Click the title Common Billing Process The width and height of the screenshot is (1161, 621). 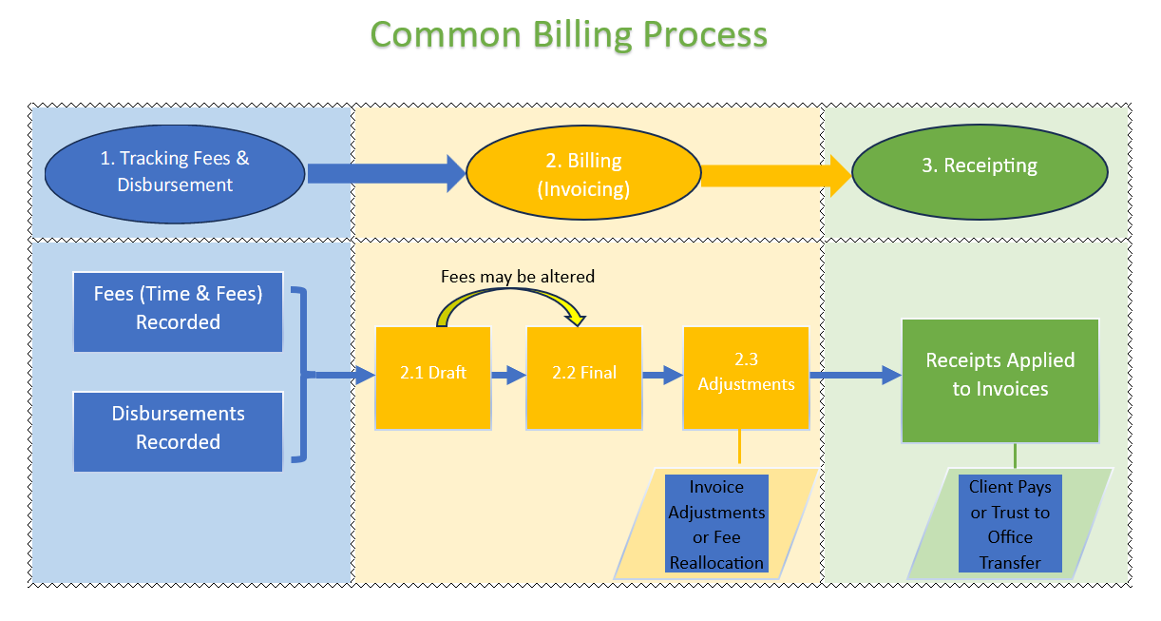[568, 35]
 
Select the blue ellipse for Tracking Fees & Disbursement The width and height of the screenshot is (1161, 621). [175, 172]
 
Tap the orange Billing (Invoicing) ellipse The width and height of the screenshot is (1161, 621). [583, 175]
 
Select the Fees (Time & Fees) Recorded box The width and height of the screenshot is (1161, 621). [178, 309]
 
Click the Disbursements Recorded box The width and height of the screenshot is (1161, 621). [178, 429]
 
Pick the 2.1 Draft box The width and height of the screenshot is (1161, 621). [433, 378]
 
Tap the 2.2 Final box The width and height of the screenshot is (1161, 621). [584, 378]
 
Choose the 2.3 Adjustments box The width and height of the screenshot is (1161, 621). [746, 378]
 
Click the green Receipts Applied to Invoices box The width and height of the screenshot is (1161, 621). [1000, 380]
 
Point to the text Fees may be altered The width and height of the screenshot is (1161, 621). [518, 277]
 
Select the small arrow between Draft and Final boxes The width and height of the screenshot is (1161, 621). [509, 376]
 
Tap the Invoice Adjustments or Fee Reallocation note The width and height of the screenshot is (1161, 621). [716, 524]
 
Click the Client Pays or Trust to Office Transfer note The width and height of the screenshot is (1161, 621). [1010, 524]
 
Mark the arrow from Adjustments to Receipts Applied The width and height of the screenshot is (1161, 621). [855, 375]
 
